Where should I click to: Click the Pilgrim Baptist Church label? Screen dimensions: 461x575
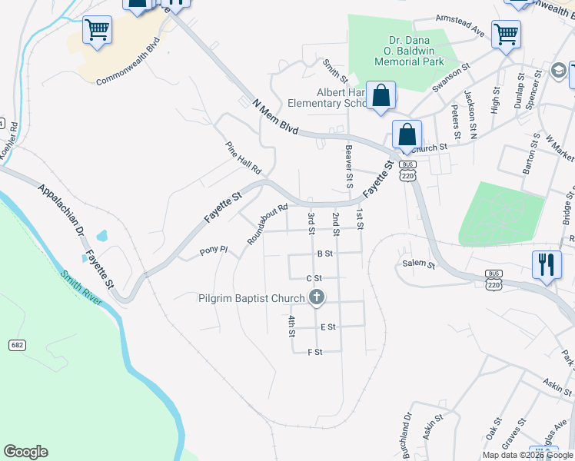[x=251, y=297]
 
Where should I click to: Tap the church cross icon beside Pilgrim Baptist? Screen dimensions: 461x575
[x=316, y=297]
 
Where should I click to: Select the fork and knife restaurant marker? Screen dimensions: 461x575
[x=547, y=264]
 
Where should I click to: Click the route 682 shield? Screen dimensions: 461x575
[x=16, y=345]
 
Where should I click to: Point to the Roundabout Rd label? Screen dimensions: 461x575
[x=268, y=224]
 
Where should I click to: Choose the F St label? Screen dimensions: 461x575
[x=314, y=352]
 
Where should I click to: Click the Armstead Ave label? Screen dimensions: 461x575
[x=460, y=25]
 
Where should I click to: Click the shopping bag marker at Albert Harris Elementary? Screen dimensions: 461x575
[x=381, y=96]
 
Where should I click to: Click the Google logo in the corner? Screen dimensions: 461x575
[x=25, y=452]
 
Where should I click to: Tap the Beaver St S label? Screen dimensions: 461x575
[x=348, y=168]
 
